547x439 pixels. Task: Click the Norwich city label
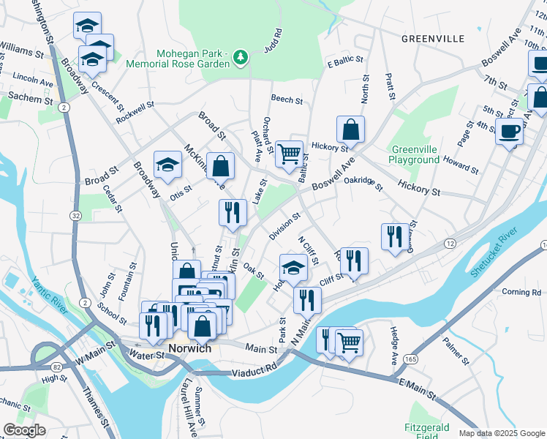(x=189, y=348)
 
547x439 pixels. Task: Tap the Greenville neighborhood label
(x=433, y=37)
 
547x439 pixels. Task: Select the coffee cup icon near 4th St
(x=509, y=132)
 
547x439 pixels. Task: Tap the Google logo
(x=24, y=430)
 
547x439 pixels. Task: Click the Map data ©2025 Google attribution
(x=501, y=433)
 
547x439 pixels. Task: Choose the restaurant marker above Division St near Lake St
(x=233, y=212)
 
